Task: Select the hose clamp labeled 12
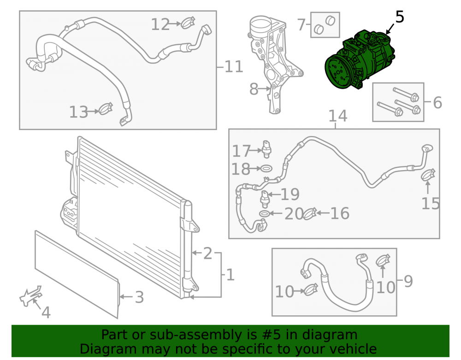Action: coord(188,23)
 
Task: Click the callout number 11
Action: coord(234,67)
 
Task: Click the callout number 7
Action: coord(301,25)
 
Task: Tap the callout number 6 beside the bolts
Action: coord(437,103)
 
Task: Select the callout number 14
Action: coord(338,116)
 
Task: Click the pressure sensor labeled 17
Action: coord(267,149)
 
